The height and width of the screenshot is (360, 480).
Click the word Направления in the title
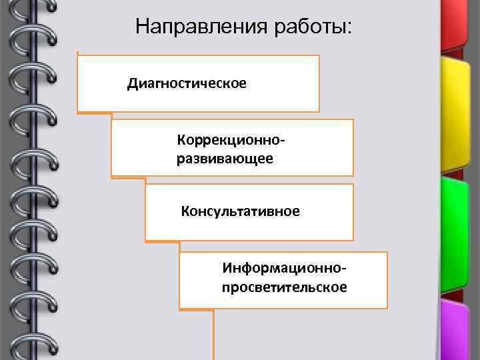(x=201, y=27)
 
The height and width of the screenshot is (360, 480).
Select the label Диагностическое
(x=187, y=83)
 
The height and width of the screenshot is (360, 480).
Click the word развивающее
(x=225, y=159)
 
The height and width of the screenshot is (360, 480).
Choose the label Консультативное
(x=241, y=211)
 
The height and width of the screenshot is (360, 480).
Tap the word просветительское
(x=285, y=287)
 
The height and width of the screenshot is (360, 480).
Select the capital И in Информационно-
(x=228, y=269)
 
